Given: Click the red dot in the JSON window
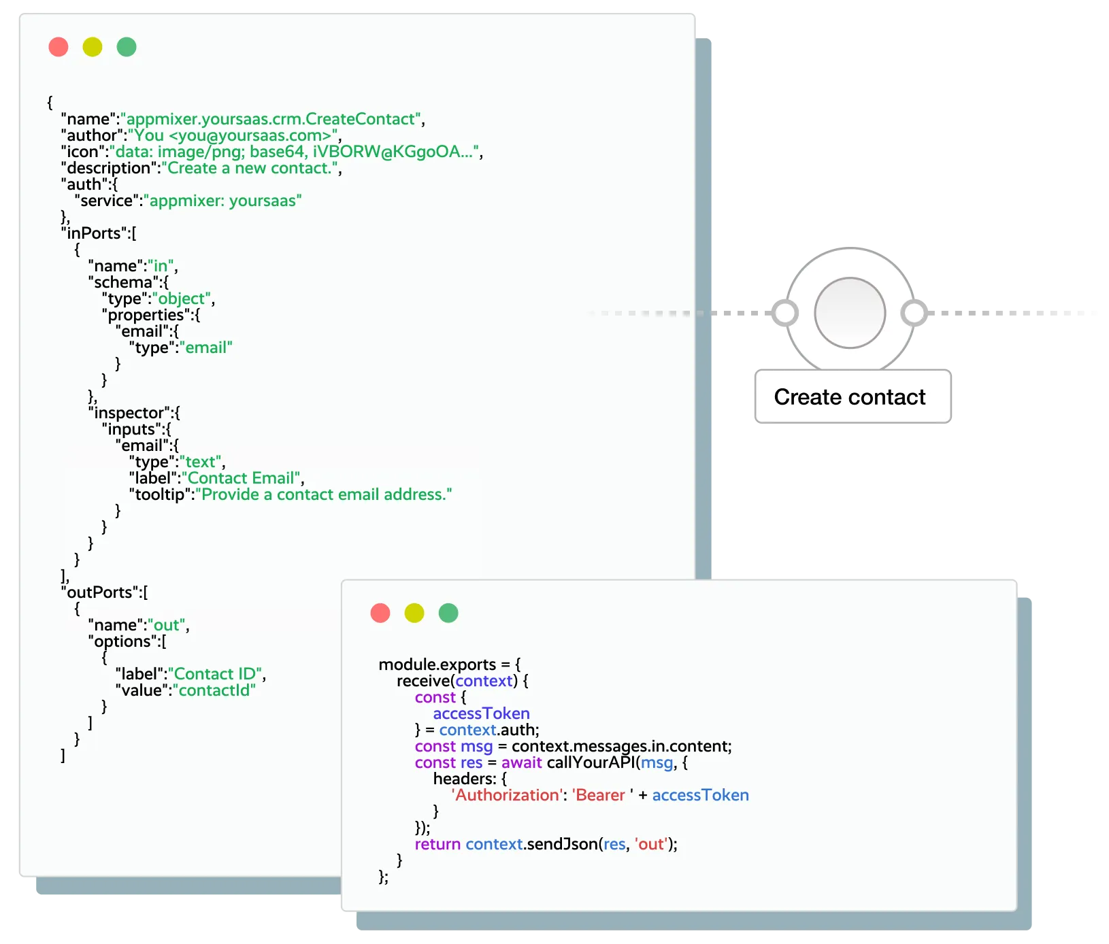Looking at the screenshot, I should (x=59, y=47).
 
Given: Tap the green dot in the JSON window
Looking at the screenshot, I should (x=127, y=47).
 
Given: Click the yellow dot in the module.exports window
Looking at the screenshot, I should (x=414, y=613).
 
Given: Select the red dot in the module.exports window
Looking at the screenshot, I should (x=380, y=613).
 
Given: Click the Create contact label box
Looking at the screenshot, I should (x=850, y=397).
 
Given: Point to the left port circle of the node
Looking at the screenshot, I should (x=785, y=313).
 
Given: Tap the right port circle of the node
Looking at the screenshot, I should (x=914, y=313).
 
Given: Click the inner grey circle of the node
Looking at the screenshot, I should (x=850, y=313).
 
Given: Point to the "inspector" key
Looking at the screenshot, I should (x=129, y=413).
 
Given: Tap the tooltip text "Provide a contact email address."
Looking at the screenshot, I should (x=323, y=494).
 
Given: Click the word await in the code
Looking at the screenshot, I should (x=521, y=762).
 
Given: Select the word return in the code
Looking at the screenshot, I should (x=437, y=844).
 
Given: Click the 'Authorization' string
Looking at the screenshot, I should (x=506, y=795).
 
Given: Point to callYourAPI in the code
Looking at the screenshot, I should (x=591, y=762).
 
